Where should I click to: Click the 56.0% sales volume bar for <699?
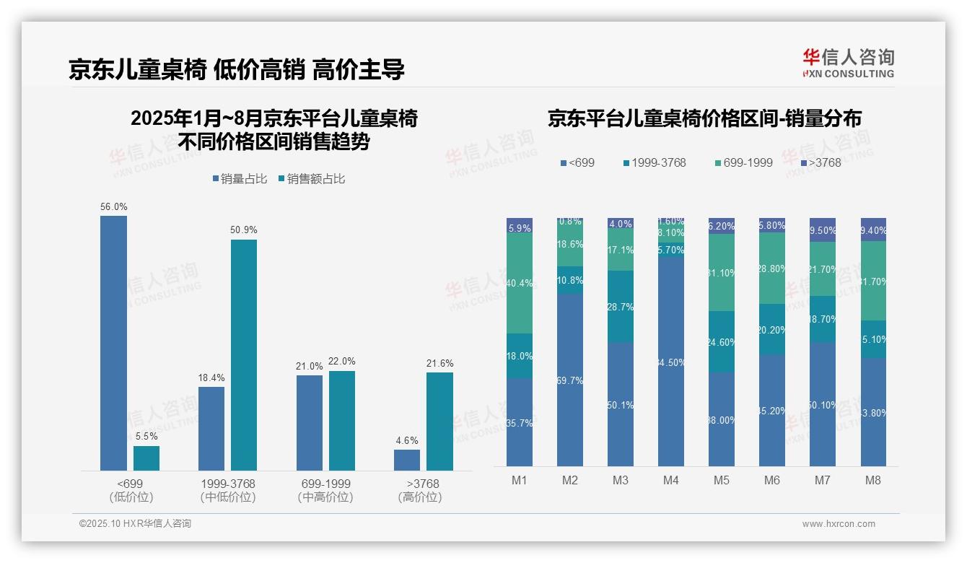(x=113, y=343)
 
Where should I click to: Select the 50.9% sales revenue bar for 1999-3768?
(x=244, y=354)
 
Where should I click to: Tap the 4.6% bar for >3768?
(x=407, y=460)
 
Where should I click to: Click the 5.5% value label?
(x=146, y=437)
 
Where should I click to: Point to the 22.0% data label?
(x=342, y=362)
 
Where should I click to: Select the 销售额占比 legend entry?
(x=311, y=179)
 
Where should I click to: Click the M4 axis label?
(x=671, y=480)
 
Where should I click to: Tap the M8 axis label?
(x=873, y=480)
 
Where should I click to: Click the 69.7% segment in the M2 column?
(x=570, y=380)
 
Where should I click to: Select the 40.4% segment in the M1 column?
(x=520, y=283)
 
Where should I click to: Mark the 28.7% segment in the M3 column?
(x=621, y=307)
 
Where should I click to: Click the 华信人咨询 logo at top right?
(x=848, y=63)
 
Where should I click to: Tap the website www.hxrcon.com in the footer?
(x=839, y=524)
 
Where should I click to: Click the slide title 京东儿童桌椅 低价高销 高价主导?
(x=237, y=69)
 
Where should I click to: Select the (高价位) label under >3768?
(x=420, y=497)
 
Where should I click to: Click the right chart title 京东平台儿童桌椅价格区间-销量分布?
(x=704, y=118)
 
